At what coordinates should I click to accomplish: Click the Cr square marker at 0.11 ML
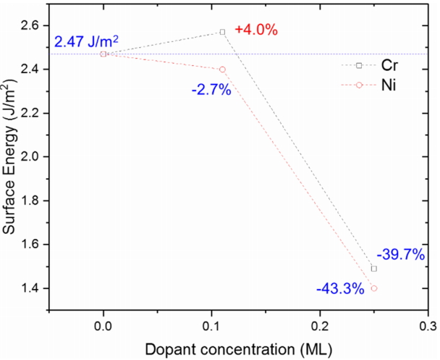coord(222,32)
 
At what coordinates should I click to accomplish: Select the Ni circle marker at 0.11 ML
coord(222,70)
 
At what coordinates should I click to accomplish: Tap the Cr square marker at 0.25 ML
coord(374,269)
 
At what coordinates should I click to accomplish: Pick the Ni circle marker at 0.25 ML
coord(374,288)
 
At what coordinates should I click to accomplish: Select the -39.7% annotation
coord(400,254)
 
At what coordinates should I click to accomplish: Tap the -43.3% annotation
coord(339,288)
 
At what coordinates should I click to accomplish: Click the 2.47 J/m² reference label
coord(86,42)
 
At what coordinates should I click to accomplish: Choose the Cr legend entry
coord(368,66)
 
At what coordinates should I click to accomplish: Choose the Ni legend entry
coord(368,86)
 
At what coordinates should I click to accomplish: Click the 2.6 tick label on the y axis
coord(32,25)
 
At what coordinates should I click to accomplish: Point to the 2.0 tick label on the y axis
coord(32,157)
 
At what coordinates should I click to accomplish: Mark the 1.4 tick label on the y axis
coord(32,288)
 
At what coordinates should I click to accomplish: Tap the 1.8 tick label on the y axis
coord(32,201)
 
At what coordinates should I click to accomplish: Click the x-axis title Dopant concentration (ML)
coord(239,349)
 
